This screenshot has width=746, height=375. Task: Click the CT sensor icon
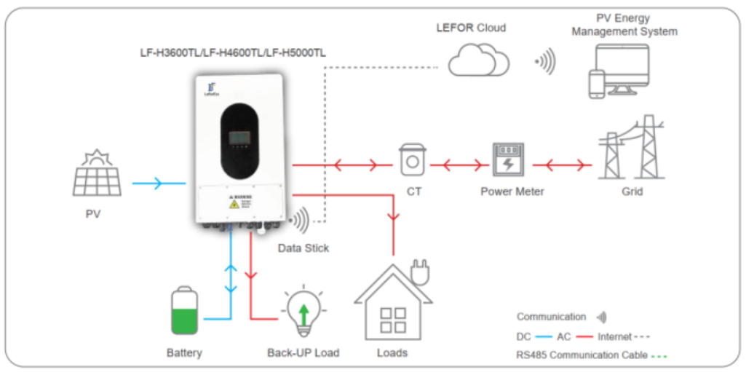(412, 157)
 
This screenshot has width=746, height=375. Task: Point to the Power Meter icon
(508, 160)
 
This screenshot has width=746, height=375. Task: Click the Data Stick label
(303, 248)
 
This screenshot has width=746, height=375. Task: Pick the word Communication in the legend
(551, 317)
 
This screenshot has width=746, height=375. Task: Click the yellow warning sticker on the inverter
(234, 204)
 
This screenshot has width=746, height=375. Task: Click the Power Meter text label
(512, 192)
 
